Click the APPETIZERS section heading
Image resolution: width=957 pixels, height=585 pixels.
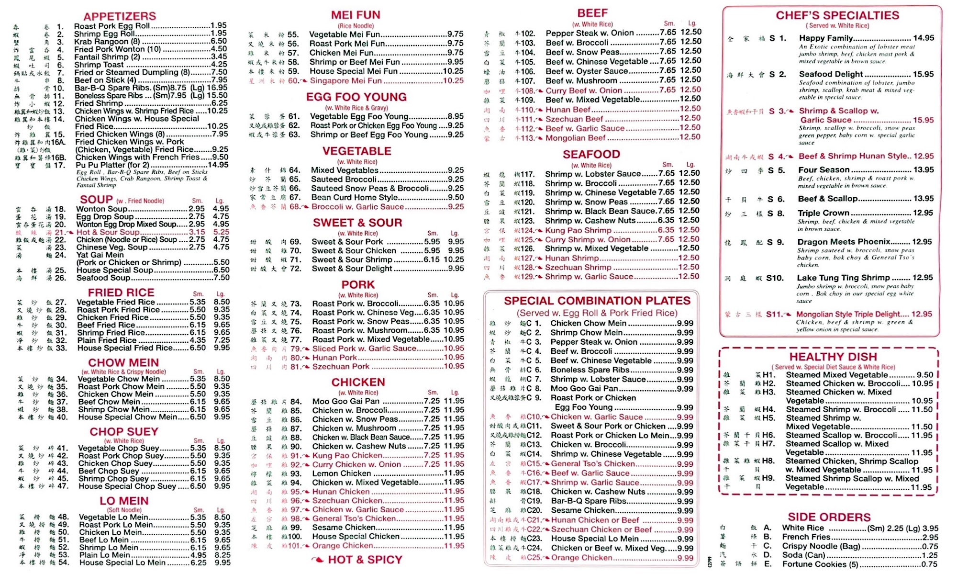[x=120, y=16]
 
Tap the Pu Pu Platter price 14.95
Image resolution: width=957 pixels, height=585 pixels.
[x=218, y=165]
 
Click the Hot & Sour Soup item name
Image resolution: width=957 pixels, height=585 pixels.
[x=108, y=232]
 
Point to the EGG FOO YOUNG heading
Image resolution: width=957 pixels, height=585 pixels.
[x=356, y=97]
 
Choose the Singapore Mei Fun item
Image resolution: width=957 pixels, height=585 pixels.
[x=345, y=81]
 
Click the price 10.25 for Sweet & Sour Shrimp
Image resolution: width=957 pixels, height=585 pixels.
[x=454, y=259]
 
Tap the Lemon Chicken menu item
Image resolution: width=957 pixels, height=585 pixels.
[x=342, y=473]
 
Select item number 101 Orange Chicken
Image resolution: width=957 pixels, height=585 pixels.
[x=343, y=546]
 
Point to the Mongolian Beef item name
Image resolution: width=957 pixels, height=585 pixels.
[x=576, y=138]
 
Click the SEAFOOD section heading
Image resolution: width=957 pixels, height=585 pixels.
[x=591, y=154]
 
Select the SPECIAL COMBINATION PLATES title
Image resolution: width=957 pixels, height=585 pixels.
[x=597, y=301]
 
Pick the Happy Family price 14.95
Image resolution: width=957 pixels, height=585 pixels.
[x=924, y=38]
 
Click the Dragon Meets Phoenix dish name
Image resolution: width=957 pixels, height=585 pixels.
[x=844, y=242]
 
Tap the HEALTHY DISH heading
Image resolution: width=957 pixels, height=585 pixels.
[x=833, y=357]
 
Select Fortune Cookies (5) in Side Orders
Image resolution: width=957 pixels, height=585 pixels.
[x=820, y=564]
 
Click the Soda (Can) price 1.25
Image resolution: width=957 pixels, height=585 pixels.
[x=930, y=555]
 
